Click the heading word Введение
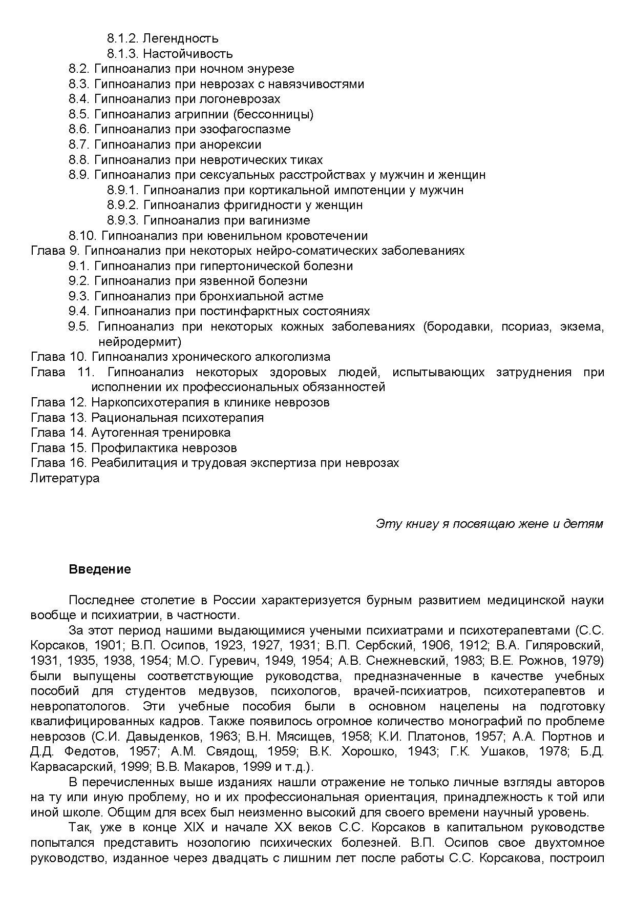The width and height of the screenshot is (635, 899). pos(100,569)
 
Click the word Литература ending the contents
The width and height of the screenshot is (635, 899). pos(65,478)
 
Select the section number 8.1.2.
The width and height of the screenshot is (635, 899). pos(123,38)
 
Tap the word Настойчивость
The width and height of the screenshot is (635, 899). pos(188,54)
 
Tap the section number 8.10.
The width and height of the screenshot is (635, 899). pos(82,236)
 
